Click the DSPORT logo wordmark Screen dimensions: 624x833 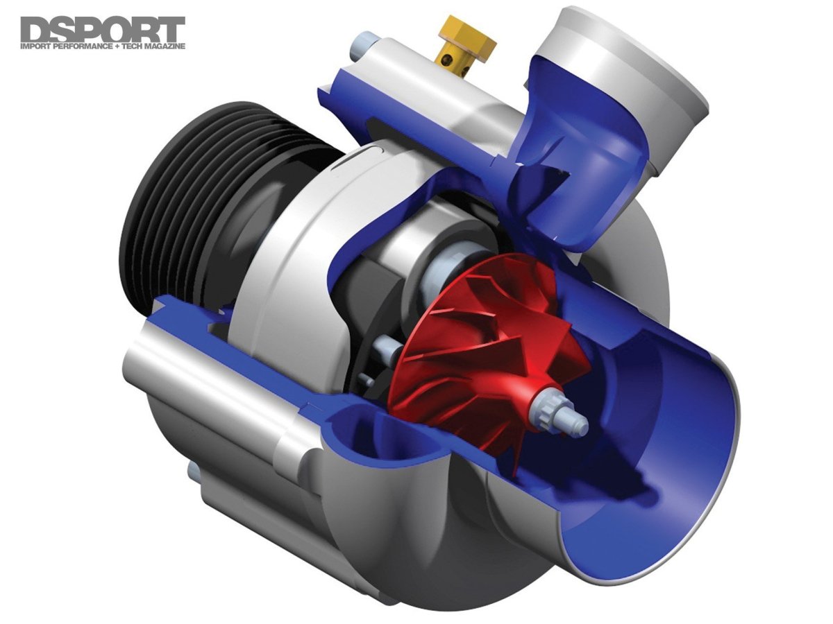click(103, 29)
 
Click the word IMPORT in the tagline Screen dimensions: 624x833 click(35, 47)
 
